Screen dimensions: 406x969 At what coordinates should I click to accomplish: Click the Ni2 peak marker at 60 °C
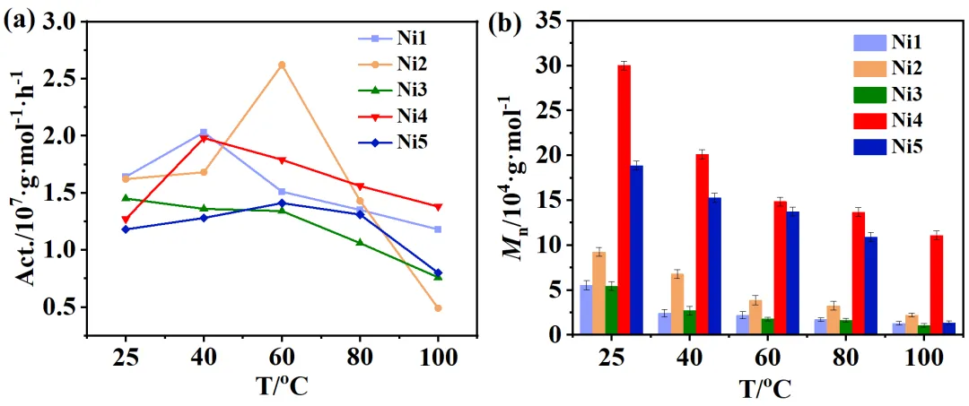tap(282, 65)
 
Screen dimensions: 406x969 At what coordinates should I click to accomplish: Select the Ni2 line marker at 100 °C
tap(438, 307)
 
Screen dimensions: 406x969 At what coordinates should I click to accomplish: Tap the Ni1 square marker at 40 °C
tap(204, 133)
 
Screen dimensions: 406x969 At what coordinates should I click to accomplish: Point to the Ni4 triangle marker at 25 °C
tap(126, 219)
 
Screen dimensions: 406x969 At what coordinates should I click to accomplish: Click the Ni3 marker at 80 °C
tap(360, 242)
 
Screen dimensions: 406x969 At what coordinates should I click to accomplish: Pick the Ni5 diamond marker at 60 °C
tap(282, 203)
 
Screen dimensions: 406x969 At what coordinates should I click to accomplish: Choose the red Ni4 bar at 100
tap(912, 285)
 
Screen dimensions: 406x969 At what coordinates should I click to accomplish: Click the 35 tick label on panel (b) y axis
tap(548, 22)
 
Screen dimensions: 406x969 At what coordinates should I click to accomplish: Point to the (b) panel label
tap(506, 23)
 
